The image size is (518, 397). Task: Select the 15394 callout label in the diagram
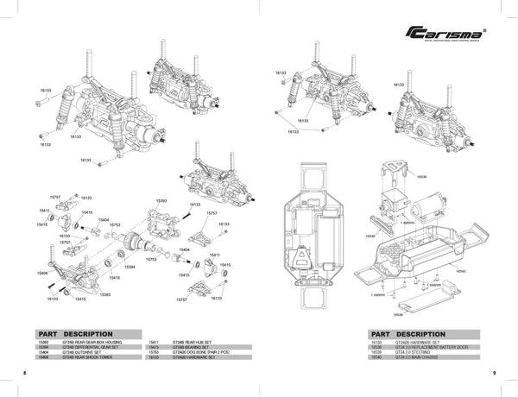129,268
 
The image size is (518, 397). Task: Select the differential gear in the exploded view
134,244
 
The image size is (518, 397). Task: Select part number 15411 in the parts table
155,341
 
